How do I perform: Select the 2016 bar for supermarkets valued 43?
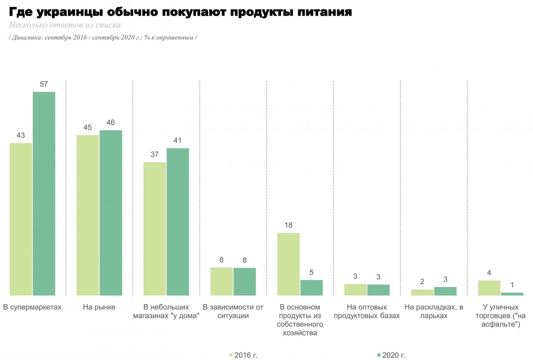pos(21,219)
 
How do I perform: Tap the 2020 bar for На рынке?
pos(111,213)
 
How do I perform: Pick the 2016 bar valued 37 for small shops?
pos(155,229)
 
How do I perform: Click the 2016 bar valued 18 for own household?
pos(288,264)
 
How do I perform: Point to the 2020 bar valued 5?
pos(311,288)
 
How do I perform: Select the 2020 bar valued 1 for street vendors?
pos(512,294)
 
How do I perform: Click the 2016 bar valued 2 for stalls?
pos(422,292)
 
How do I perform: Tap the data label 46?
pos(110,123)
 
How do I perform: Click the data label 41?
pos(177,141)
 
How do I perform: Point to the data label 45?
pos(87,127)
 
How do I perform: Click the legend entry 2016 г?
pos(243,355)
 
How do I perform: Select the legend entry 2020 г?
pos(391,355)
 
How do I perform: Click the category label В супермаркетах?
pos(32,307)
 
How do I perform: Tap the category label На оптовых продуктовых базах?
pos(367,311)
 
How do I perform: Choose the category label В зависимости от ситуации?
pos(233,311)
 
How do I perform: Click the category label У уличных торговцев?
pos(501,315)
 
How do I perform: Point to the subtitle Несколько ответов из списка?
pos(65,25)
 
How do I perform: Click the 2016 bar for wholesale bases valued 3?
pos(355,290)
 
